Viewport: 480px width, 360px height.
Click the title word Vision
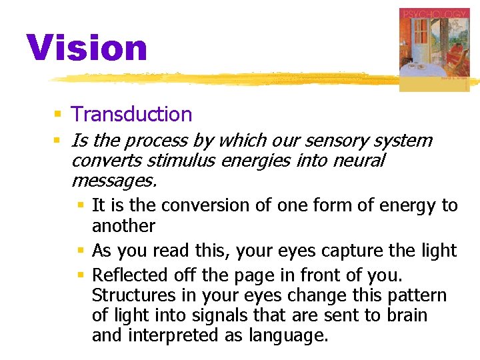[87, 48]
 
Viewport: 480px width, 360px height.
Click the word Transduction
[131, 114]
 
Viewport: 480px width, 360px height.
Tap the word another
[123, 225]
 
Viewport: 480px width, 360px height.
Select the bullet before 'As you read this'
[80, 251]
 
